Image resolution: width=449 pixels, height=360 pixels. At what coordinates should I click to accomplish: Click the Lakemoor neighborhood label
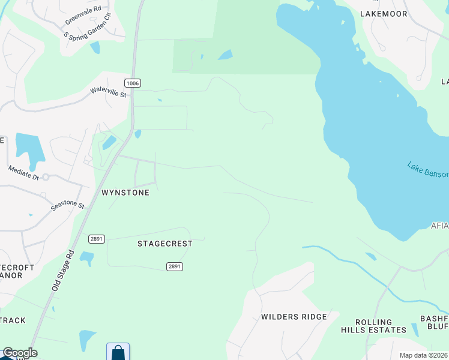(x=384, y=13)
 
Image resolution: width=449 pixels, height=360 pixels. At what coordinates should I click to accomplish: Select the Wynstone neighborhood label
(x=125, y=193)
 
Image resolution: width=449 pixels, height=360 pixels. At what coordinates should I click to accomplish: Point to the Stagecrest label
(x=165, y=244)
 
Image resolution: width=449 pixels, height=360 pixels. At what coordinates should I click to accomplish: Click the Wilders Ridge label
(x=294, y=317)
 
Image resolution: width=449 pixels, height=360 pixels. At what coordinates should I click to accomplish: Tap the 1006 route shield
(x=133, y=83)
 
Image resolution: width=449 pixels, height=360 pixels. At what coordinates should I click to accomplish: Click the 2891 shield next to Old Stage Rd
(x=97, y=239)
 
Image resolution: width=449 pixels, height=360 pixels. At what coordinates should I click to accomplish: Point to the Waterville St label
(x=108, y=92)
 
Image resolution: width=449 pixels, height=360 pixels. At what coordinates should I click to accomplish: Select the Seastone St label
(x=67, y=205)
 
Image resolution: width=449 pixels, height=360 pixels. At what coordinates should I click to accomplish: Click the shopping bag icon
(x=118, y=352)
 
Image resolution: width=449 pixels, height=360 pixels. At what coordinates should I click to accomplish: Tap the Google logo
(x=20, y=353)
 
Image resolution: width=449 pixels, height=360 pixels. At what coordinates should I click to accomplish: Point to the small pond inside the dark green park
(x=225, y=55)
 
